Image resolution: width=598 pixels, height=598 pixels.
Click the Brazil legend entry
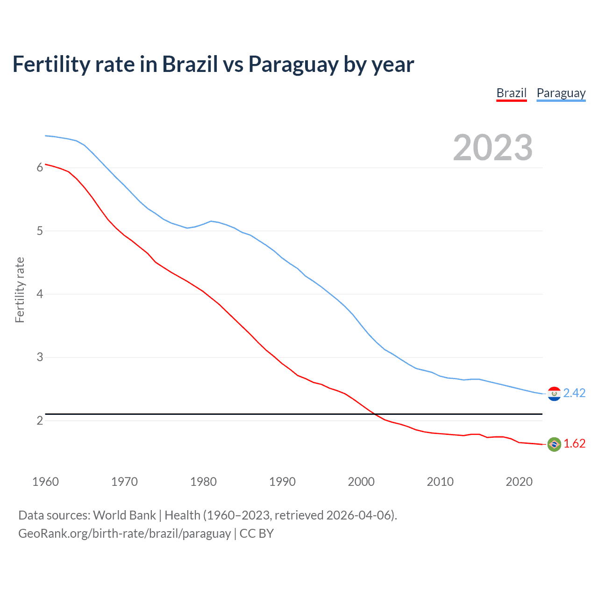click(511, 93)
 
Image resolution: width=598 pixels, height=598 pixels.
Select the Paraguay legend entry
click(561, 93)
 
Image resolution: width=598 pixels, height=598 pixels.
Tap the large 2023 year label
click(493, 148)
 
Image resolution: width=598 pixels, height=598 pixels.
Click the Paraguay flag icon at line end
click(554, 394)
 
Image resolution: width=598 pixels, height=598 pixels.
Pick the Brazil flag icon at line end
click(554, 444)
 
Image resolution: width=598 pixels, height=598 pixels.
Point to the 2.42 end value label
click(574, 393)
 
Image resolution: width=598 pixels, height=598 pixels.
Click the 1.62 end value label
click(574, 444)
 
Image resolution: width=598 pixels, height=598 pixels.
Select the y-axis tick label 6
click(40, 168)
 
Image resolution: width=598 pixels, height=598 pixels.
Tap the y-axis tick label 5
click(40, 231)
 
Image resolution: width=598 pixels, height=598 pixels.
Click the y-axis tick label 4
click(40, 294)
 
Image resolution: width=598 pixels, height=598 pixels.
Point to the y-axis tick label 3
click(40, 357)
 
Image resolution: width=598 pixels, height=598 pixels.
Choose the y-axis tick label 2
click(40, 420)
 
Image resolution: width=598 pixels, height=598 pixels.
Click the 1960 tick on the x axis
click(45, 482)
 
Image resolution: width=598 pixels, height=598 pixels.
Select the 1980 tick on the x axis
click(203, 482)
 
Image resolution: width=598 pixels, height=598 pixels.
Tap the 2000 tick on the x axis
click(361, 482)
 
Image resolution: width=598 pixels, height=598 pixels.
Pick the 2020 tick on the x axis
click(519, 482)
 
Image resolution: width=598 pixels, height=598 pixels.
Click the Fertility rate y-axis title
click(20, 290)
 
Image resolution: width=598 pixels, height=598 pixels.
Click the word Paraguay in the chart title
click(293, 64)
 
